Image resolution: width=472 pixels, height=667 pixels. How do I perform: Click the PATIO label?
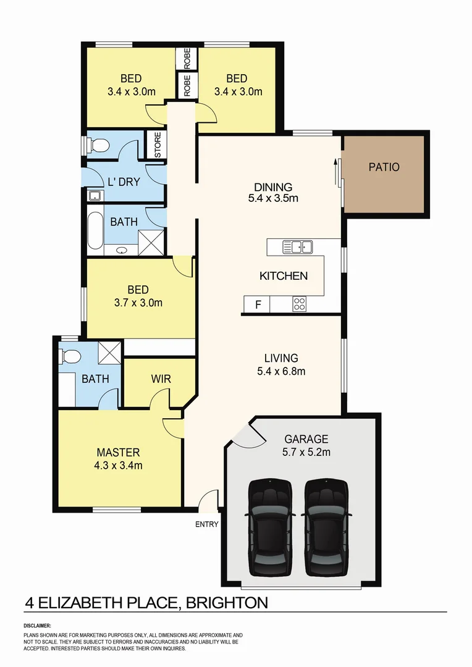384,167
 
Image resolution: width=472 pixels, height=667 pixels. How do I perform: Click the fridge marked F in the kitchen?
258,305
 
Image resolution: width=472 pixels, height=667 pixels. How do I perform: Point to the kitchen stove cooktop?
299,304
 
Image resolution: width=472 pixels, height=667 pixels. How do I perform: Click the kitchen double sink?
298,247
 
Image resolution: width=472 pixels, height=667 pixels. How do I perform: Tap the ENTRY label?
206,524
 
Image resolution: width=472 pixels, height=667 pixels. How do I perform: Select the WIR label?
160,379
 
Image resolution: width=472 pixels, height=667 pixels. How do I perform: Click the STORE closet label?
157,145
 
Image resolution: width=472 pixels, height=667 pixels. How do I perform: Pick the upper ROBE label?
187,58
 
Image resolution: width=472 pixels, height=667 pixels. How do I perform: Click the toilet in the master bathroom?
69,357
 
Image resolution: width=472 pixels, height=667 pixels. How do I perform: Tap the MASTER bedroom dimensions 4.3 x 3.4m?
117,465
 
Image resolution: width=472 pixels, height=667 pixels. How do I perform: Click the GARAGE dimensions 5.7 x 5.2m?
306,451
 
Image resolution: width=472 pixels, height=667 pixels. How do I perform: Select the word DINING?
273,187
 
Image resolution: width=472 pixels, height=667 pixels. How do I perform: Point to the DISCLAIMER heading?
38,626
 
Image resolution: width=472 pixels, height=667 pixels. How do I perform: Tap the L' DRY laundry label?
124,182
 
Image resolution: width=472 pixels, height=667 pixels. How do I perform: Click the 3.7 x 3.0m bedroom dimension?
138,303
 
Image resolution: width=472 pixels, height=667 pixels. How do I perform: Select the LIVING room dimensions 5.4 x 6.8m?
281,371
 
